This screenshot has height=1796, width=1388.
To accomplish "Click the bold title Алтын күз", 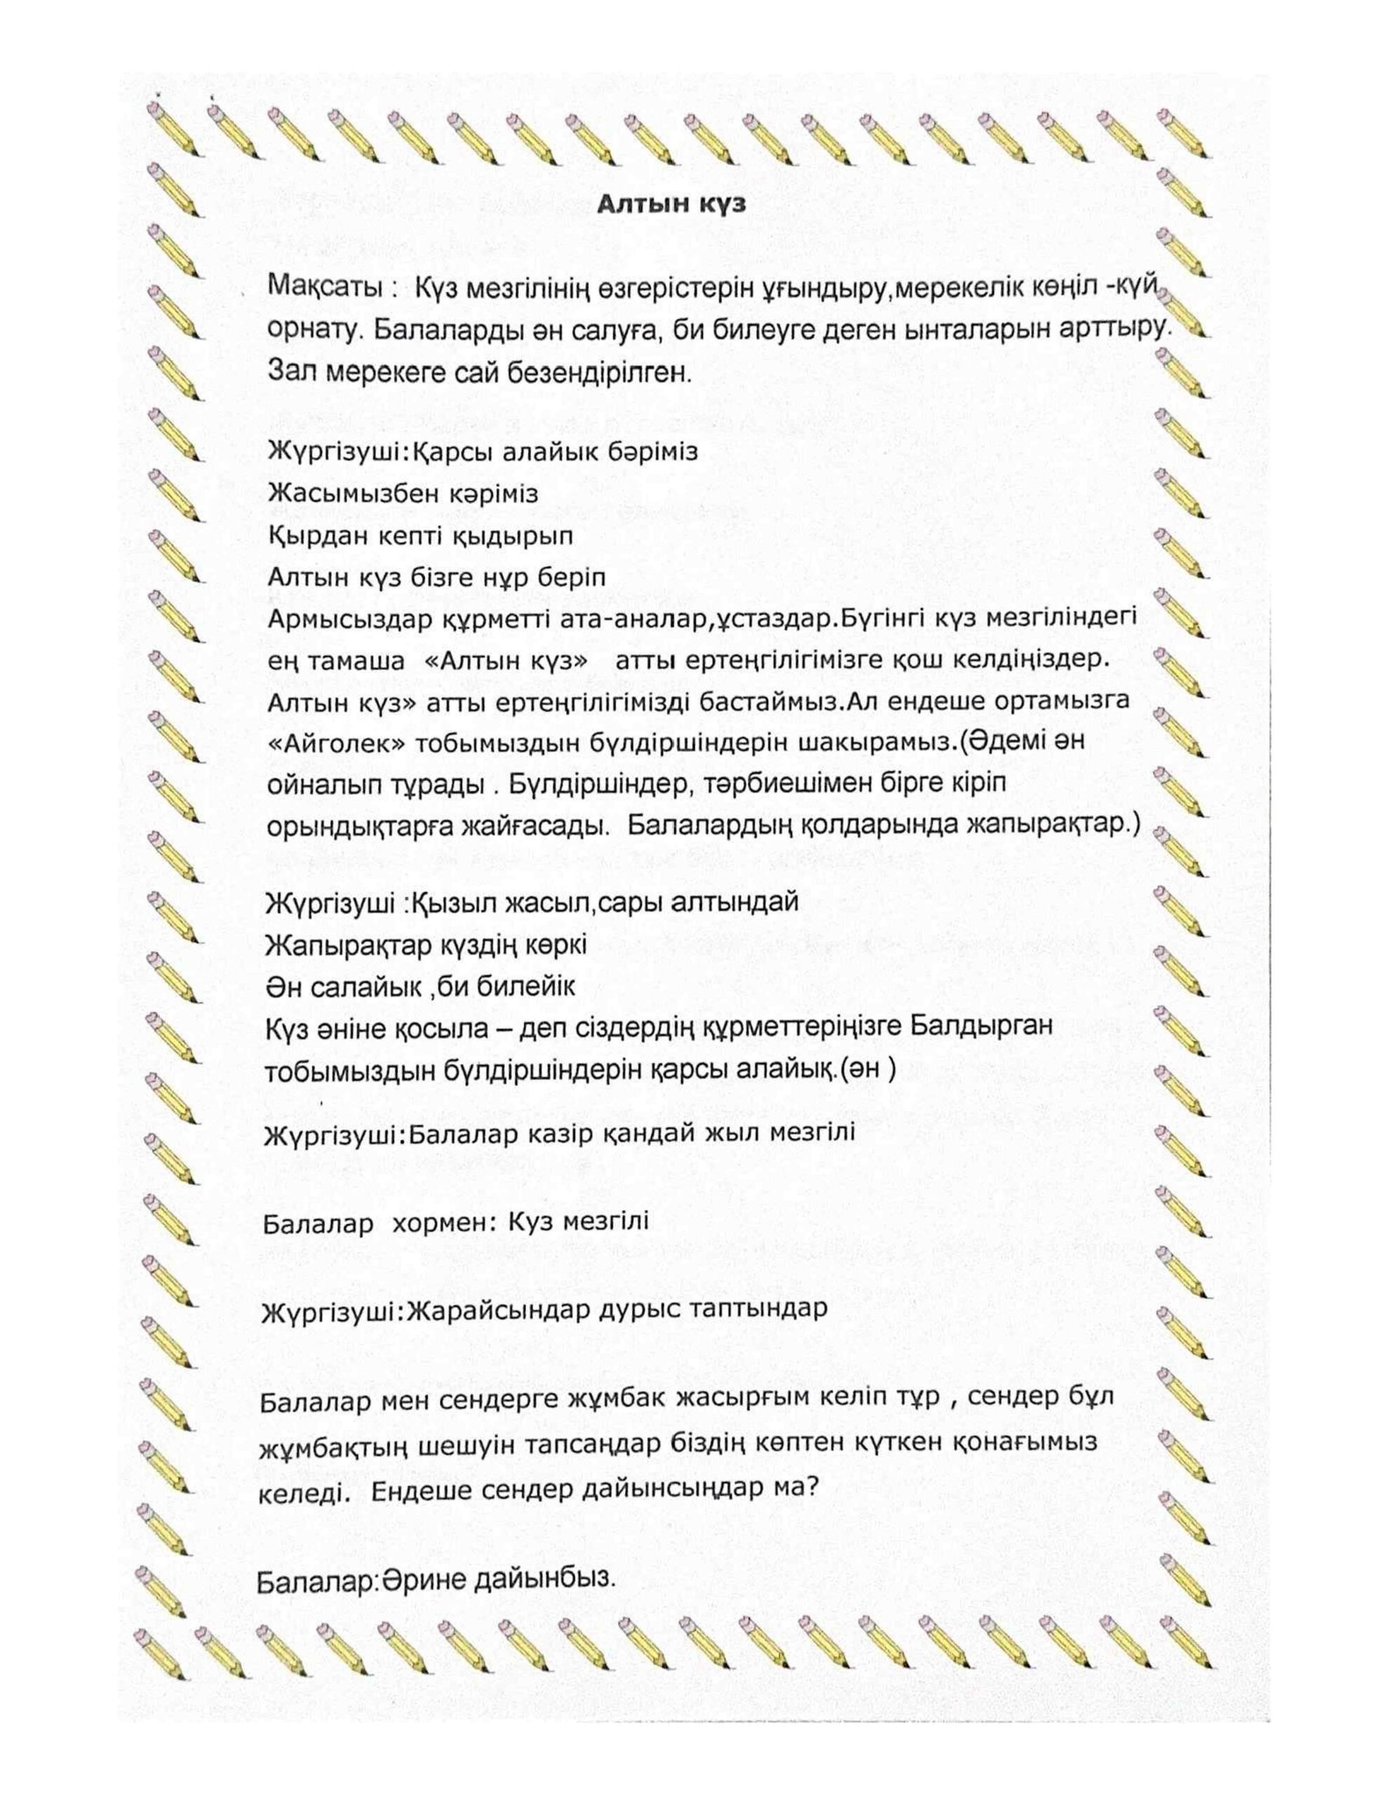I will click(671, 203).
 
